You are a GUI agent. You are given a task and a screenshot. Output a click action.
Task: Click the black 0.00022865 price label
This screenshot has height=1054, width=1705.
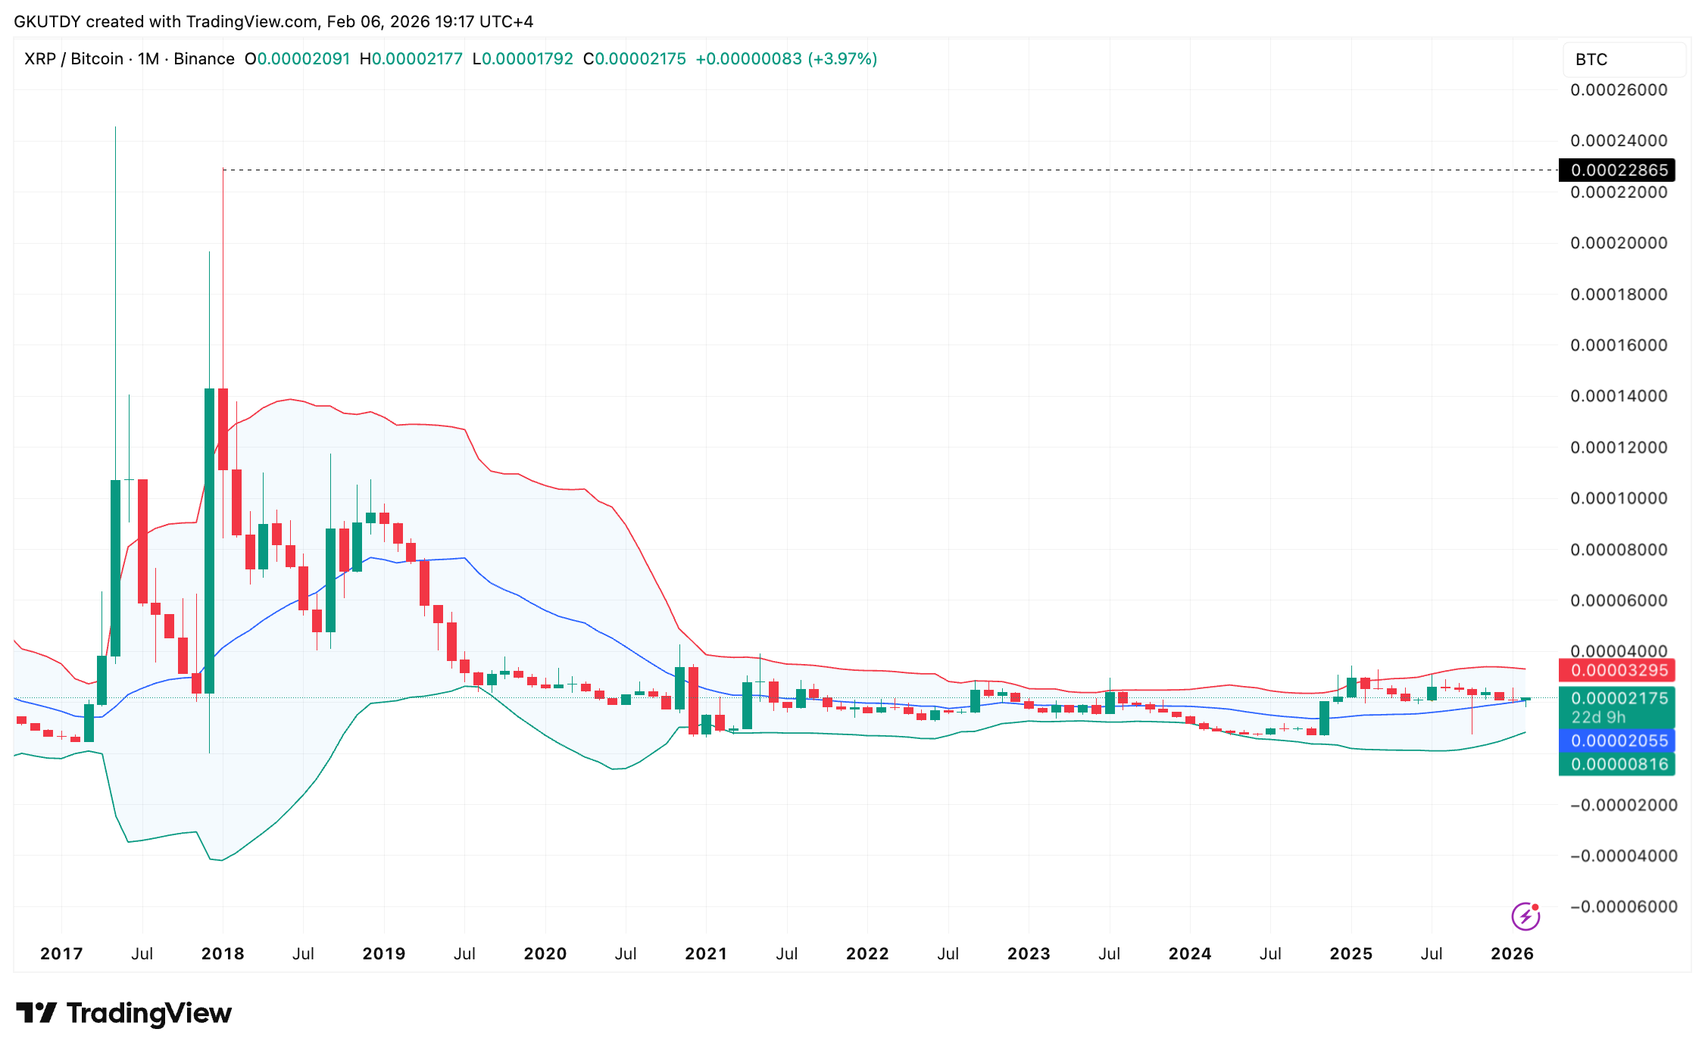(1619, 170)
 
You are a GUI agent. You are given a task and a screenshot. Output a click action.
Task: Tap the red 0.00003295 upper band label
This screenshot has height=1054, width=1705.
(1619, 670)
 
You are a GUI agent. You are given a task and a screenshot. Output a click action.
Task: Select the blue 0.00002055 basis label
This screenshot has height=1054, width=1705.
(1619, 741)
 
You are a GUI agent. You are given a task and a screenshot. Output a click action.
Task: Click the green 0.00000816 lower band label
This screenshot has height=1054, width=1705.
(1619, 765)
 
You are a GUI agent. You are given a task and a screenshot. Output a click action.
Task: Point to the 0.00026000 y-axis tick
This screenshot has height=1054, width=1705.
(1619, 90)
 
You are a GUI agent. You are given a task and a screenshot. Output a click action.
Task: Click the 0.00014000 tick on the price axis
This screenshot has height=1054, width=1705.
(1619, 396)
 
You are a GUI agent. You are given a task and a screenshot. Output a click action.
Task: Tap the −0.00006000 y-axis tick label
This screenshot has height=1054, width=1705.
(1623, 907)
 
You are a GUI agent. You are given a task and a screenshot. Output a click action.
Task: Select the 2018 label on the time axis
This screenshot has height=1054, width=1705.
(223, 954)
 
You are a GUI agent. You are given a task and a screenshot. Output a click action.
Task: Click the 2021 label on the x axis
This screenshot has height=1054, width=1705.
(706, 954)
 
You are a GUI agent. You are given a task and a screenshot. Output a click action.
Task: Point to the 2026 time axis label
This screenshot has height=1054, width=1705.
(1512, 954)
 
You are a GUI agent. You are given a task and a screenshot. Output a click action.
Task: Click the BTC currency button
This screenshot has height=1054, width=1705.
(1591, 60)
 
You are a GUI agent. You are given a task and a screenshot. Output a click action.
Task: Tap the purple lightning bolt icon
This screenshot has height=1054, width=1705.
(1525, 916)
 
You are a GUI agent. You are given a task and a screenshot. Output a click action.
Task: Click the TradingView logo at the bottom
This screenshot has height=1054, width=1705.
(124, 1013)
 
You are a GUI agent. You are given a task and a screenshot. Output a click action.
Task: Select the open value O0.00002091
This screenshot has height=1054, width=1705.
(297, 59)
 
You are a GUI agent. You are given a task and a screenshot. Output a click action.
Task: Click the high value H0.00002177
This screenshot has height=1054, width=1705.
(411, 59)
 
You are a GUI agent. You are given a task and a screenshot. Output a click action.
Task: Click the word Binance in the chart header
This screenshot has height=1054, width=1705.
(204, 59)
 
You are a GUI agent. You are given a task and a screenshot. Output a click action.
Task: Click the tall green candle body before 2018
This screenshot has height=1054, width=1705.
(209, 541)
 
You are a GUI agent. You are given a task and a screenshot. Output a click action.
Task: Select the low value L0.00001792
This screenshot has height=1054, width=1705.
(523, 59)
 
